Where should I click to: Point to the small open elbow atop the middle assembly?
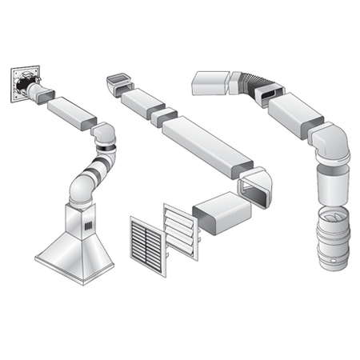117,82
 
